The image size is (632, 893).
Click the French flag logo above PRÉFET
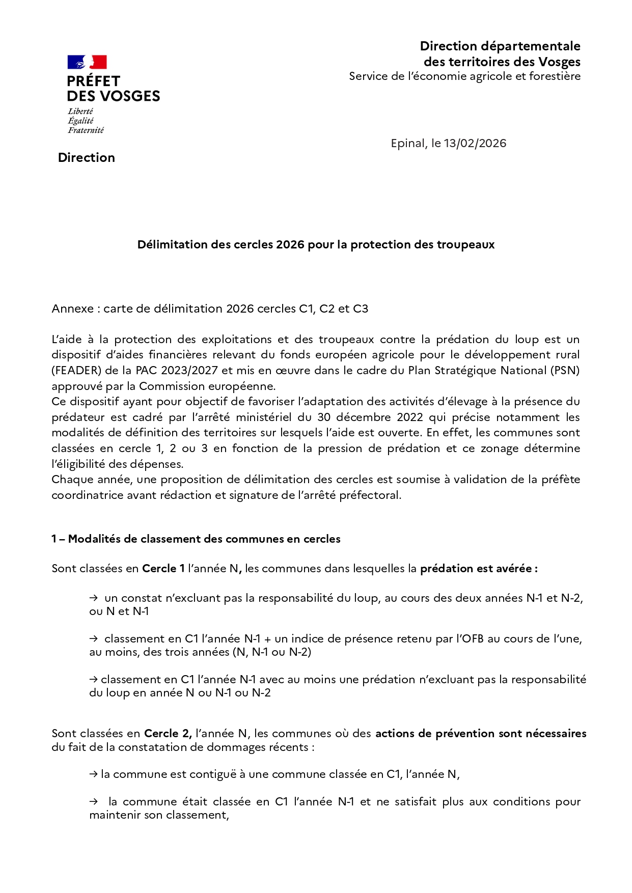coord(87,62)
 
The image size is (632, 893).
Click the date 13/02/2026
coord(475,144)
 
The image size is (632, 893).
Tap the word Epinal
coord(408,144)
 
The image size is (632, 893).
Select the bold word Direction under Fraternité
coord(87,158)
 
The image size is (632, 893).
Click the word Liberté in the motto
coord(80,111)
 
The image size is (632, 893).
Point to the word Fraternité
coord(86,130)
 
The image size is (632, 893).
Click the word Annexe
coord(72,309)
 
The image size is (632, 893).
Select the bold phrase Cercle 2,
coord(168,734)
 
